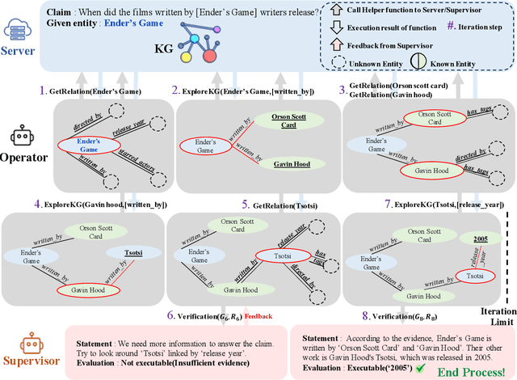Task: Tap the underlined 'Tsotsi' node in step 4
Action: pos(132,251)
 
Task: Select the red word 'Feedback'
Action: pos(259,315)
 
